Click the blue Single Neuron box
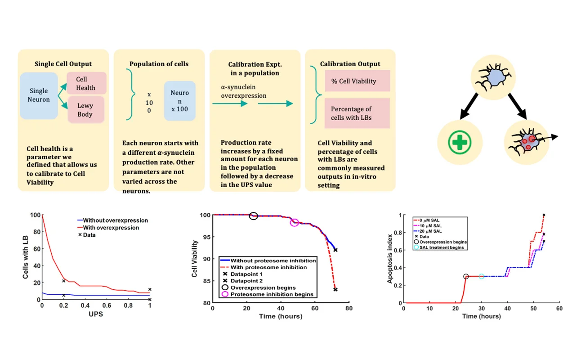click(39, 95)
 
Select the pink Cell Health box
click(85, 84)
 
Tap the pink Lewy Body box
click(85, 110)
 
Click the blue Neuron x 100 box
click(179, 101)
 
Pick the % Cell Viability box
click(357, 81)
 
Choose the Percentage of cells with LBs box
click(357, 113)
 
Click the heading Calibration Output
click(350, 64)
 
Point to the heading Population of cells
click(159, 64)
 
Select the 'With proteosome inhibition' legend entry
click(268, 267)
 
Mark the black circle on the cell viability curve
click(254, 216)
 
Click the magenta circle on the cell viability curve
click(295, 222)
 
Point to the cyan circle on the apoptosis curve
click(482, 276)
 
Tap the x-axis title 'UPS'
click(95, 314)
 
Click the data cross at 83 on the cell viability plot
click(335, 289)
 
